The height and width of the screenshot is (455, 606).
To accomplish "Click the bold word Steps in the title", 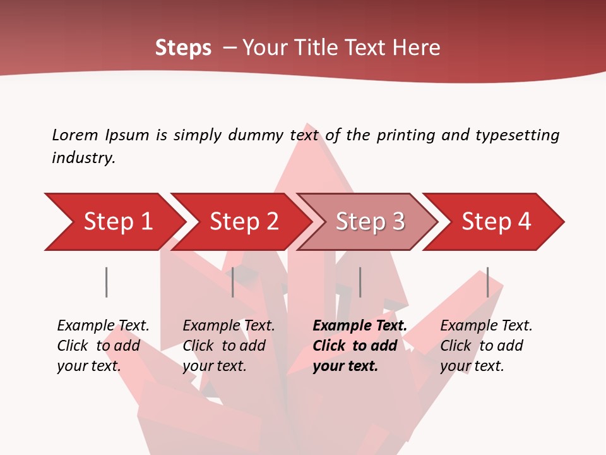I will click(x=183, y=48).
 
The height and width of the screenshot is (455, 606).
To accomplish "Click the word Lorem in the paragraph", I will click(x=74, y=135).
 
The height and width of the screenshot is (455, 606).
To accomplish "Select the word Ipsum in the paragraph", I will click(x=127, y=135).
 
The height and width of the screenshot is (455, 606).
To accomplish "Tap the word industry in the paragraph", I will click(x=83, y=157).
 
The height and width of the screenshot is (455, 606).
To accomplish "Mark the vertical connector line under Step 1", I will click(x=106, y=282).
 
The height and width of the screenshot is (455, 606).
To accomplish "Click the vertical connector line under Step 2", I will click(x=233, y=282).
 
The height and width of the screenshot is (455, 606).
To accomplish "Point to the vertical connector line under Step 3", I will click(x=360, y=282).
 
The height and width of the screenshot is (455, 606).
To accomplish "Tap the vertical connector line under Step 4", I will click(x=487, y=282).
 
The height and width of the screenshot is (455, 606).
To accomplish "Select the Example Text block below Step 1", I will click(x=103, y=346).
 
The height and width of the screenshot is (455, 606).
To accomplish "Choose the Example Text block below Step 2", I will click(x=229, y=346).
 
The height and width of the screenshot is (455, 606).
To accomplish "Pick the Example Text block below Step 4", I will click(x=486, y=346).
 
